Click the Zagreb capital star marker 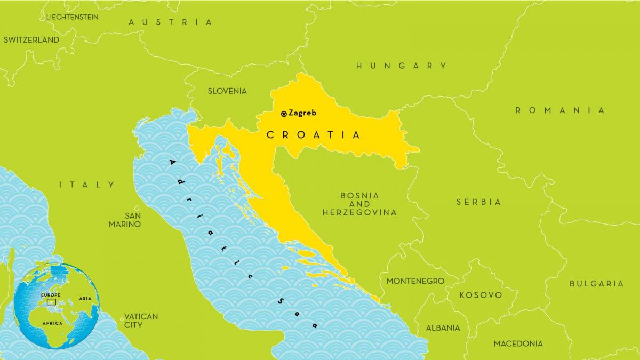(284, 114)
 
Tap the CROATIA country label (314, 135)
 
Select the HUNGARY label (401, 66)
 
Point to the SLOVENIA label (227, 91)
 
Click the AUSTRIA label (171, 22)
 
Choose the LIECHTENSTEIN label (72, 17)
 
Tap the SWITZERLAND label (31, 40)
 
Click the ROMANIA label (560, 110)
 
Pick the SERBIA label (478, 202)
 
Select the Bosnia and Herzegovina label (359, 204)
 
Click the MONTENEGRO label (415, 281)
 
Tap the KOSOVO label (481, 295)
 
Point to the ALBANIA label (443, 328)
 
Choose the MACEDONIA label (518, 343)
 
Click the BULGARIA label (596, 284)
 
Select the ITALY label (87, 185)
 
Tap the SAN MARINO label (125, 220)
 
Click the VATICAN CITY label (141, 321)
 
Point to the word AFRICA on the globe (52, 323)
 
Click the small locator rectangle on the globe (51, 302)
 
